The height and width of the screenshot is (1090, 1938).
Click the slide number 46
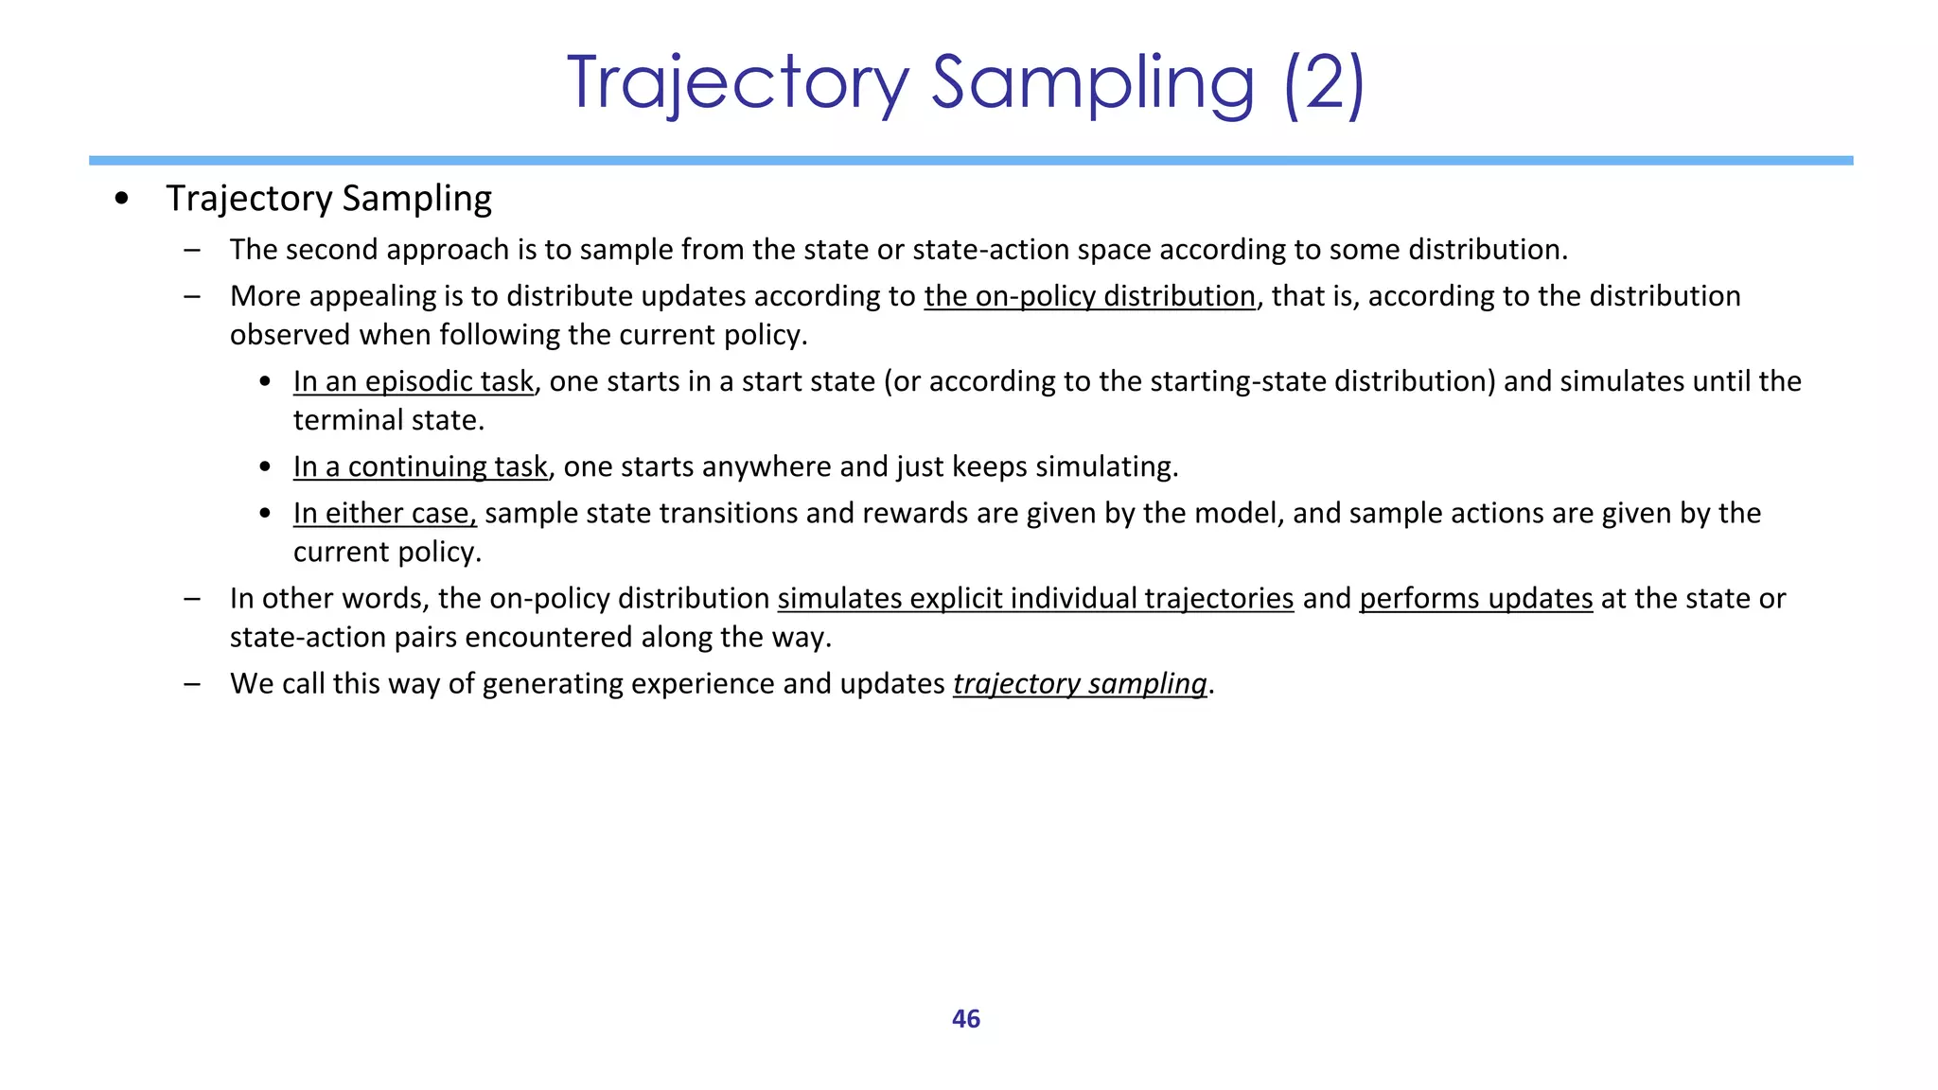tap(965, 1019)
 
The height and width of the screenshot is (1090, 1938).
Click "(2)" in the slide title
tap(1324, 83)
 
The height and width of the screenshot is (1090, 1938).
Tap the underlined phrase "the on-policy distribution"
tap(1089, 296)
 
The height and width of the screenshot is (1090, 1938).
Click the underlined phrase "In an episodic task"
tap(414, 381)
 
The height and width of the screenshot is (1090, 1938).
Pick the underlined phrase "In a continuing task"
tap(420, 466)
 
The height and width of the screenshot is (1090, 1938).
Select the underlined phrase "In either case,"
tap(384, 513)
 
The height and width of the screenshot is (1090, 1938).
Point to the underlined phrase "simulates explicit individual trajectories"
tap(1035, 598)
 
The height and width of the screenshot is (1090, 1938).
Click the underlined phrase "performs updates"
tap(1475, 598)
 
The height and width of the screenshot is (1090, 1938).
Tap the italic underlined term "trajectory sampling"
tap(1080, 683)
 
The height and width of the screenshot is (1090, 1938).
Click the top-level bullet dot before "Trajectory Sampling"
tap(121, 199)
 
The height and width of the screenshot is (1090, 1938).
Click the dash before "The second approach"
tap(193, 250)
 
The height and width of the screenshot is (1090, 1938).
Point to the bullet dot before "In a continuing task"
tap(266, 466)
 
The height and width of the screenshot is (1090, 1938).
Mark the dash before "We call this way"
tap(193, 683)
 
